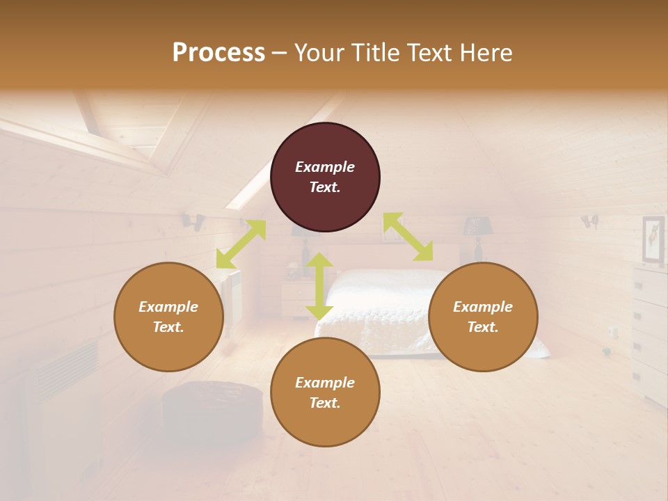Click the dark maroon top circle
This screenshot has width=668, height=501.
click(325, 177)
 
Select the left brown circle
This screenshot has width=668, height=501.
click(168, 317)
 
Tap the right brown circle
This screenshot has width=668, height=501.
click(483, 317)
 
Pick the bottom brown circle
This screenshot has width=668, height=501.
click(325, 392)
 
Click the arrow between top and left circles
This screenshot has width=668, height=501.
click(241, 244)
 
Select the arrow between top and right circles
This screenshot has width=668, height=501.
click(408, 237)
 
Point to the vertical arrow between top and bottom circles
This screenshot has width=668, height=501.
click(319, 286)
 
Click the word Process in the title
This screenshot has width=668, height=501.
click(218, 53)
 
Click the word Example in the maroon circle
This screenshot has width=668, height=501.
click(325, 167)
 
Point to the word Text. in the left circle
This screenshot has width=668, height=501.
click(168, 327)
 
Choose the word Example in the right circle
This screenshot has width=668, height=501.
click(483, 307)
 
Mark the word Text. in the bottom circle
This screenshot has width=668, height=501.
click(325, 403)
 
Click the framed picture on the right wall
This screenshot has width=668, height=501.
click(653, 240)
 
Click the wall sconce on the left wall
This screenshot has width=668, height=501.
click(193, 221)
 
